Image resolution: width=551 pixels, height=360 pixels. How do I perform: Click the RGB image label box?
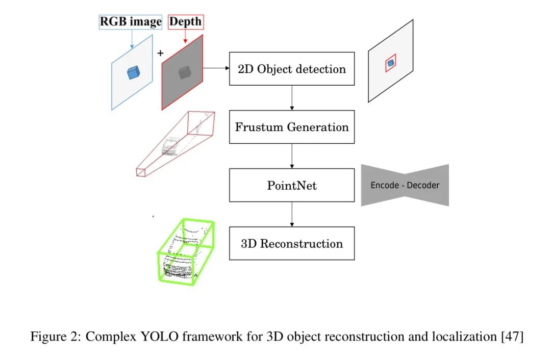tap(131, 22)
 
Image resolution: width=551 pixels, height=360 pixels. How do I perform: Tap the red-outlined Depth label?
tap(185, 22)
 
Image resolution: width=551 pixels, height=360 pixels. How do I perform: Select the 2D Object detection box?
tap(291, 69)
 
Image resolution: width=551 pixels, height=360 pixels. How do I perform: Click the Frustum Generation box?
tap(291, 126)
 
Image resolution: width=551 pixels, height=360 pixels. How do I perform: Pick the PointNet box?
tap(291, 185)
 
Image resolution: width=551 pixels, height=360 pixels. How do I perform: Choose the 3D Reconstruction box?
tap(291, 243)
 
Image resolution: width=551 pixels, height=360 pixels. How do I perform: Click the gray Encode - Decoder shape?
tap(405, 185)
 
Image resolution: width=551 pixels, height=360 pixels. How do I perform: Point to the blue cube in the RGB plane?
tap(133, 73)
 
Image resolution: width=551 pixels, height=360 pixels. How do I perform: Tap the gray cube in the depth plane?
tap(184, 73)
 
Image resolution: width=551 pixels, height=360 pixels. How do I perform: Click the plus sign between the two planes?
tap(160, 53)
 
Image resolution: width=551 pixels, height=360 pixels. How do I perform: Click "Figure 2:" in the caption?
tap(50, 337)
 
